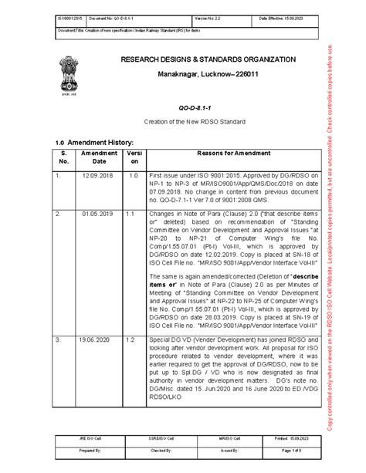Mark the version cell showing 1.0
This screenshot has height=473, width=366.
click(x=132, y=175)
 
